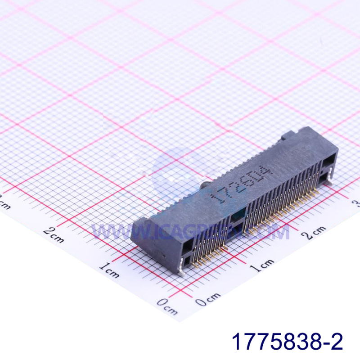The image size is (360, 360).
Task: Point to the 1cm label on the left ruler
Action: pyautogui.click(x=109, y=270)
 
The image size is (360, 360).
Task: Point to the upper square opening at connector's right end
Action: pyautogui.click(x=330, y=158)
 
